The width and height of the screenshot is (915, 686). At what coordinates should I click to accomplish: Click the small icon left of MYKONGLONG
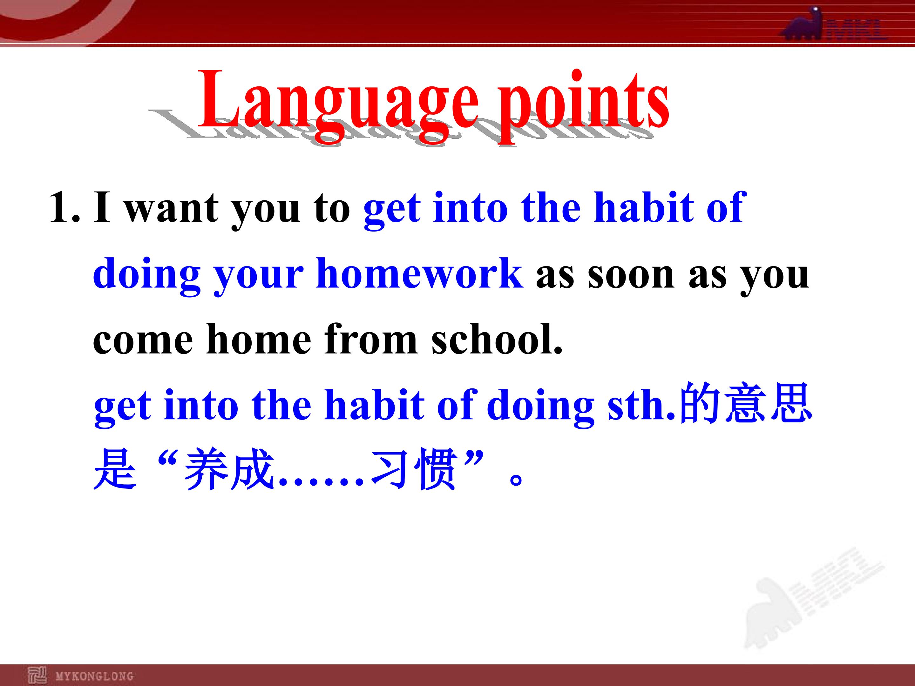pos(37,676)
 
